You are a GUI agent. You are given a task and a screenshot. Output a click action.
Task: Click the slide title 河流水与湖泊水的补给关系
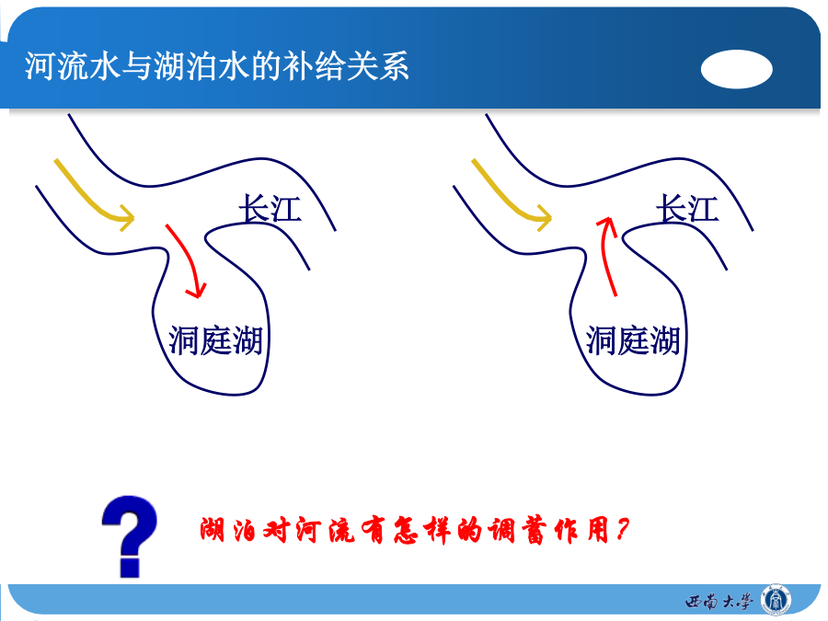(217, 66)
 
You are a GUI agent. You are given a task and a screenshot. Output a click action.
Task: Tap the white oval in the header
(737, 69)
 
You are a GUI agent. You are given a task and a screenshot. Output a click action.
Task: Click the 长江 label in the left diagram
(270, 208)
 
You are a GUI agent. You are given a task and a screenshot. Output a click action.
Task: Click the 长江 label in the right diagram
(687, 208)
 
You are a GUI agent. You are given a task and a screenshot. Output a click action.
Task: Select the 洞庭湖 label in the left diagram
(215, 340)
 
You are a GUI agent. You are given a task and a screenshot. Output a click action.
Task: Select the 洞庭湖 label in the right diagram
(633, 340)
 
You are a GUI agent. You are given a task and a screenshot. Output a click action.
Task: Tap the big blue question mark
(130, 536)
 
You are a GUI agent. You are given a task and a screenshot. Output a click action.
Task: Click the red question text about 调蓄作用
(415, 530)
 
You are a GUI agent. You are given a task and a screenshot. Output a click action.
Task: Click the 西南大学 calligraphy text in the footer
(719, 602)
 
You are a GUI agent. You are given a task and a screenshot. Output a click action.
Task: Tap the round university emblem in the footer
(776, 601)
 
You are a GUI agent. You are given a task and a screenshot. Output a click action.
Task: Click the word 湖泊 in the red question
(227, 530)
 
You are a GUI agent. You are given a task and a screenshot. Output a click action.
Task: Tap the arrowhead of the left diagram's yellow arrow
(127, 217)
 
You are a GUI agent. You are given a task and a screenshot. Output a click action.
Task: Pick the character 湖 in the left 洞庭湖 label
(247, 340)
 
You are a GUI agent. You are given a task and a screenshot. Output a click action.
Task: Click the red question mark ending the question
(622, 530)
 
